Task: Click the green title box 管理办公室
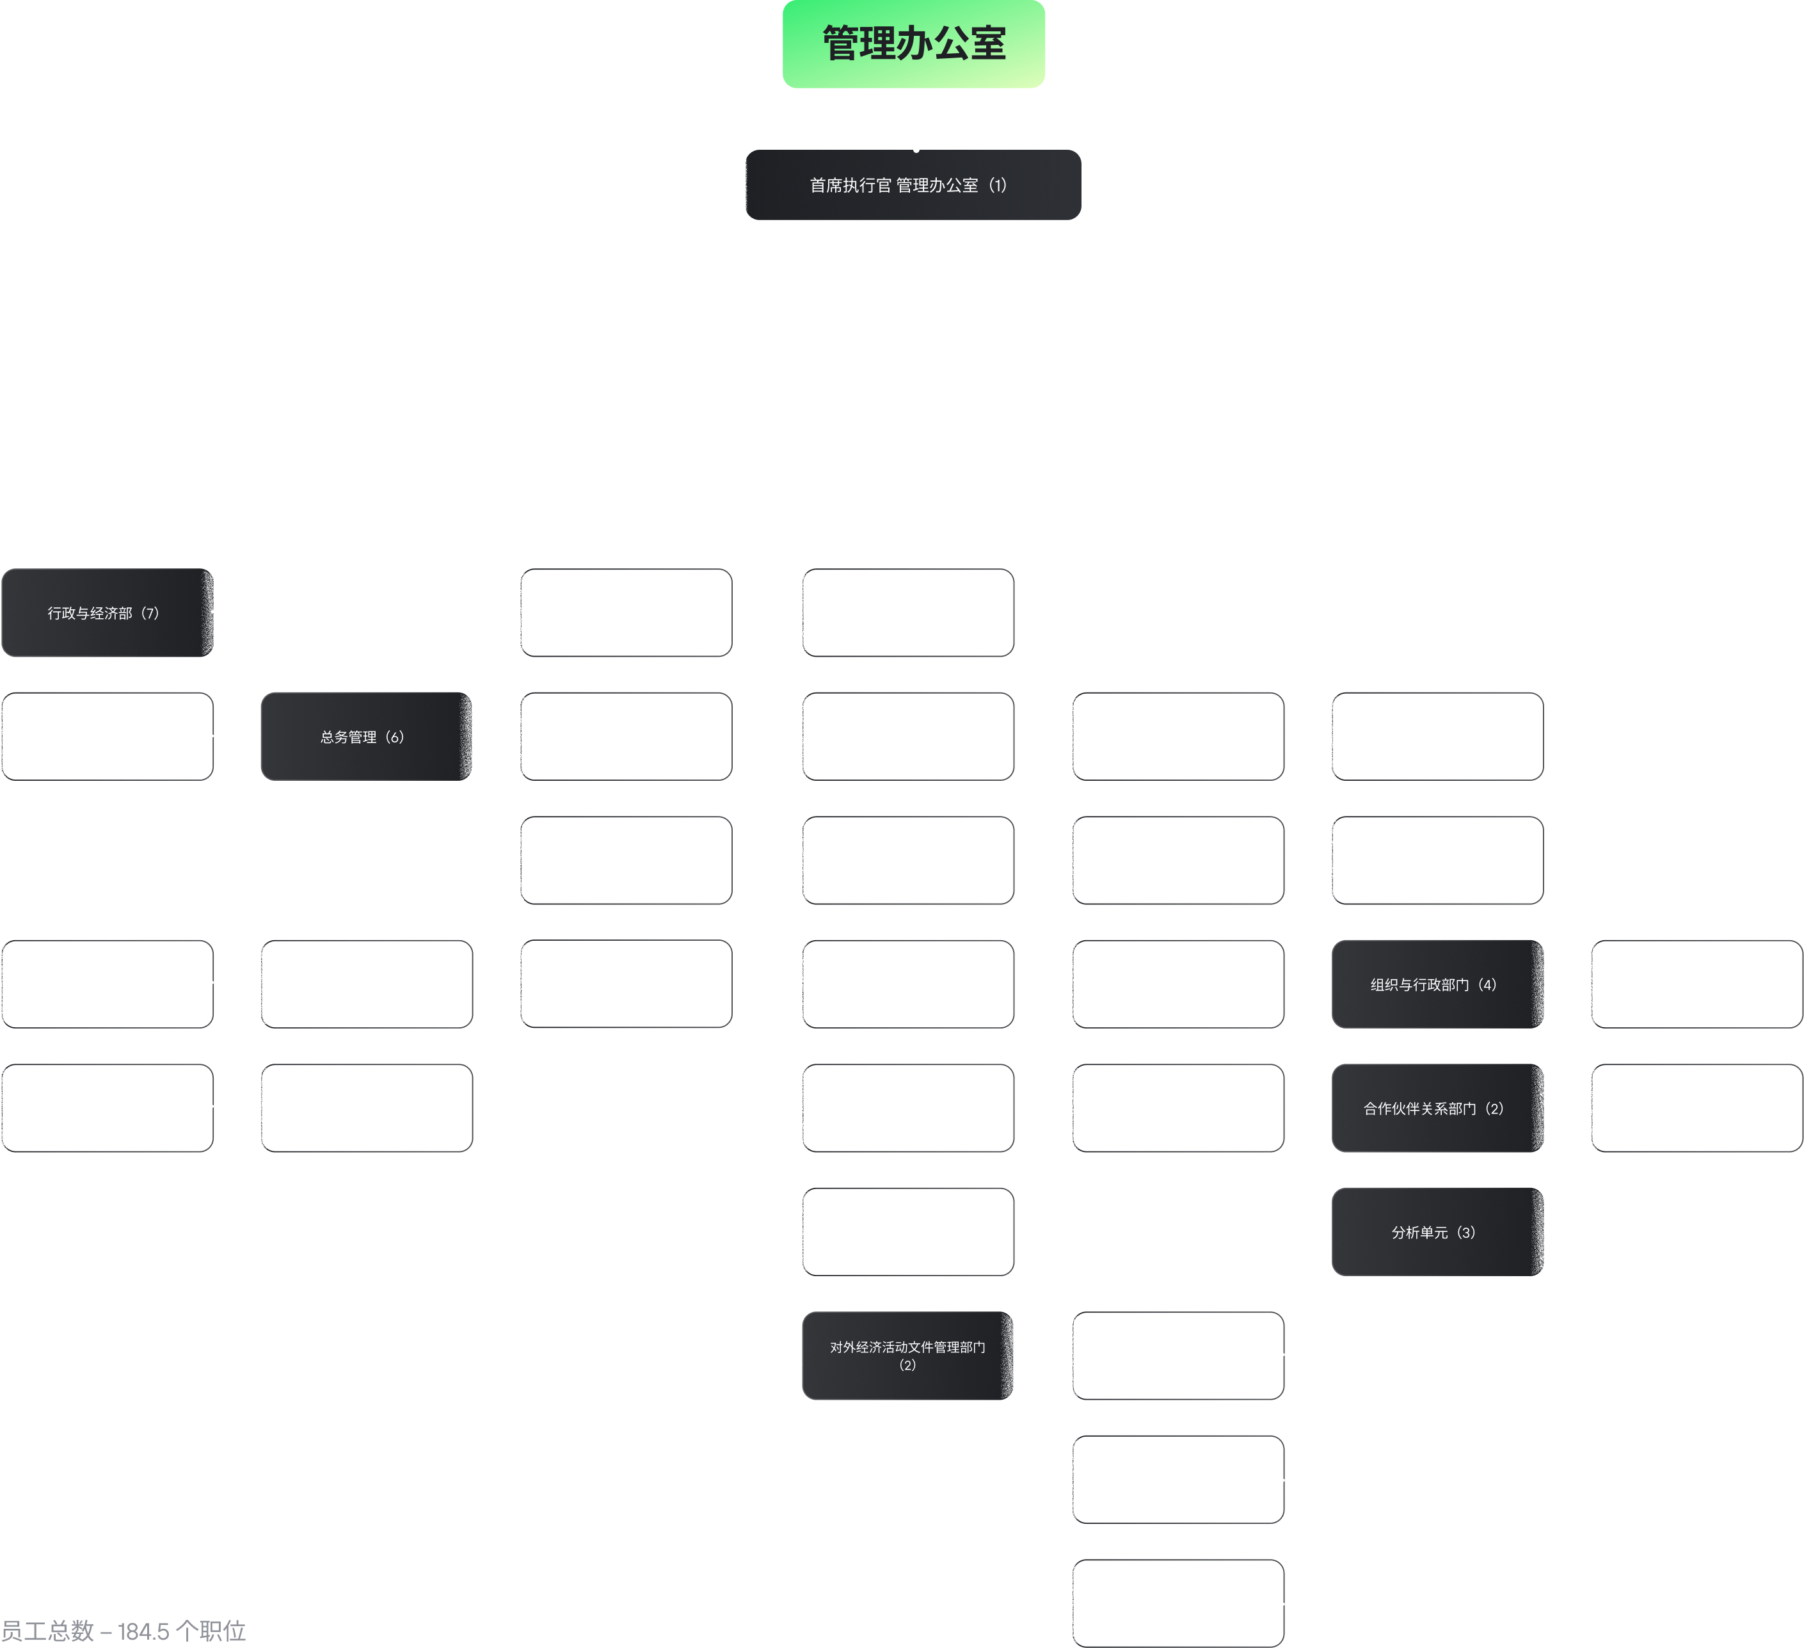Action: [914, 44]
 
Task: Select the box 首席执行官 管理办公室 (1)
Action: [914, 184]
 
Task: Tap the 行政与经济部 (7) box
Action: [108, 613]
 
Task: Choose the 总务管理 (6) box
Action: [367, 737]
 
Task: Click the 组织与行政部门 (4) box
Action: [1438, 984]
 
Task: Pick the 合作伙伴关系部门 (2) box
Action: [1438, 1108]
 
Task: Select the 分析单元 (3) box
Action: [1438, 1232]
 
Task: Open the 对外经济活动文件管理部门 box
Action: [908, 1356]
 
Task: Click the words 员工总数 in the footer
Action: [47, 1631]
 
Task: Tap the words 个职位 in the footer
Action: [211, 1631]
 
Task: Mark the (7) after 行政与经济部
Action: [150, 613]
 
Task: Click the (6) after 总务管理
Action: [395, 737]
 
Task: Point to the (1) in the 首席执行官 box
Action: [998, 185]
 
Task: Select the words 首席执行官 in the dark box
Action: [851, 185]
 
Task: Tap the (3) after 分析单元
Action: [1465, 1232]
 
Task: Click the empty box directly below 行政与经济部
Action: [108, 737]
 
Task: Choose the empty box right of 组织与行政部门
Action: [1696, 984]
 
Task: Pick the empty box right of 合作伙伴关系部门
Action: [1696, 1108]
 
